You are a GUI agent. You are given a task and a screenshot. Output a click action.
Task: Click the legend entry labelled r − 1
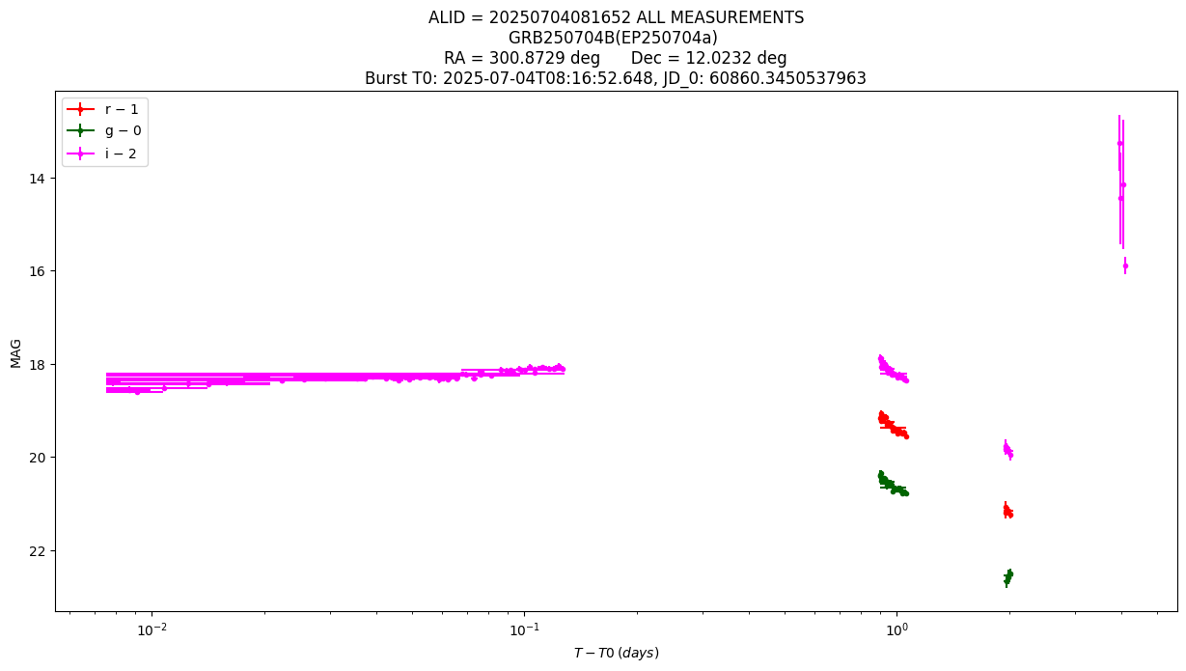click(x=102, y=109)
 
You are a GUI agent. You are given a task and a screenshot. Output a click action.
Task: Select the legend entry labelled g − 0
click(x=104, y=130)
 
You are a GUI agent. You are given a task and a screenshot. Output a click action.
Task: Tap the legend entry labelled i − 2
click(x=101, y=154)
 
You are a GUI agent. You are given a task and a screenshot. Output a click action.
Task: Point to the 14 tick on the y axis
click(x=37, y=179)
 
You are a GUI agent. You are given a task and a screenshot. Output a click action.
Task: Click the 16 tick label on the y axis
click(x=37, y=271)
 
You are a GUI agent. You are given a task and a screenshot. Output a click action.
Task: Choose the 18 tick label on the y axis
click(x=37, y=364)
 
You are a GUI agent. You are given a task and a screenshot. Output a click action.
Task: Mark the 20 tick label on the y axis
click(x=37, y=458)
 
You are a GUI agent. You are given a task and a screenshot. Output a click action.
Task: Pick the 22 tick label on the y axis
click(x=37, y=551)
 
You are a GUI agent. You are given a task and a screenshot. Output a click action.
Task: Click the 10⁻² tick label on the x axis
click(x=152, y=629)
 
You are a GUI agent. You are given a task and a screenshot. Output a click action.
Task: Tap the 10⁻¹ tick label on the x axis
click(x=525, y=629)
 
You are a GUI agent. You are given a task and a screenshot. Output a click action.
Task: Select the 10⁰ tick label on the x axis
click(x=896, y=629)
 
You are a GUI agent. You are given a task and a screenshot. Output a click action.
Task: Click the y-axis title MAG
click(x=15, y=353)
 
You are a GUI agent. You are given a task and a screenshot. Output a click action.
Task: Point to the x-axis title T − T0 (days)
click(x=617, y=653)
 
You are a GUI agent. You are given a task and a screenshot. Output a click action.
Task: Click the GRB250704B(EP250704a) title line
click(x=613, y=38)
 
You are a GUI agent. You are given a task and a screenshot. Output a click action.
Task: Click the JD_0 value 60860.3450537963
click(x=787, y=78)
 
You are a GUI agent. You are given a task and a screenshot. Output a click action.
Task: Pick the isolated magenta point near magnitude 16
click(x=1125, y=266)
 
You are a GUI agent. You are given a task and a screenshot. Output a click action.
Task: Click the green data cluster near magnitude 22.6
click(x=1008, y=577)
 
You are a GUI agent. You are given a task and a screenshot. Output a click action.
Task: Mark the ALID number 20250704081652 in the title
click(x=560, y=17)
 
